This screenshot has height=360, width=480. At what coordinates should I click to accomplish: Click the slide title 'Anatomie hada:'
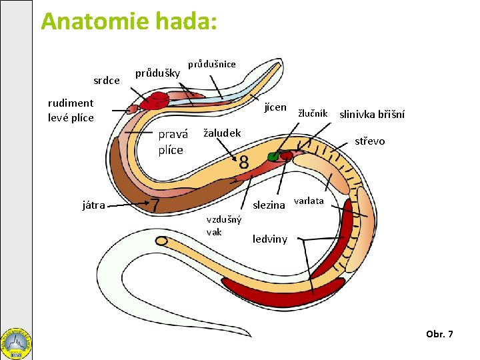tap(129, 21)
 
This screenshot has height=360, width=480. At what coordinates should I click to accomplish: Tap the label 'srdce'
tap(107, 81)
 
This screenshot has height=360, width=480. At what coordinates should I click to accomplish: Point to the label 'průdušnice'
tap(211, 64)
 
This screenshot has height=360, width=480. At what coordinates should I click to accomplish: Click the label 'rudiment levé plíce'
tap(71, 111)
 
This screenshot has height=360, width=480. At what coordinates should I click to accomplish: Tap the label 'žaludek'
tap(222, 133)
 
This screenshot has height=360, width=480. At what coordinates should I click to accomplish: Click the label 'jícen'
tap(275, 107)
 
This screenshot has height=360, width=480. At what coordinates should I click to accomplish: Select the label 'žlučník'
tap(312, 113)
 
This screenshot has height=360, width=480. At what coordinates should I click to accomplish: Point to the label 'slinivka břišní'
tap(372, 114)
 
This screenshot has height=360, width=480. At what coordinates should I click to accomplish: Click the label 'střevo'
tap(369, 141)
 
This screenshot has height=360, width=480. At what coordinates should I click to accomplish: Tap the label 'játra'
tap(93, 205)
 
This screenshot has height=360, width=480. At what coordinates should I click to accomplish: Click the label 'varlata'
tap(309, 201)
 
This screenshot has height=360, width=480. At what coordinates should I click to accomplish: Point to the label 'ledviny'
tap(270, 239)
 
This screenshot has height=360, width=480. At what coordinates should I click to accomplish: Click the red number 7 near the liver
tap(155, 205)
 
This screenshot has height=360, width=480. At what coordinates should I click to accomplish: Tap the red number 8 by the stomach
tap(243, 162)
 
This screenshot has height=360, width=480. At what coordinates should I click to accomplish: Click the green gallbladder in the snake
tap(273, 157)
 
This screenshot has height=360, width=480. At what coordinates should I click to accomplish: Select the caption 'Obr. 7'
tap(439, 333)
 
